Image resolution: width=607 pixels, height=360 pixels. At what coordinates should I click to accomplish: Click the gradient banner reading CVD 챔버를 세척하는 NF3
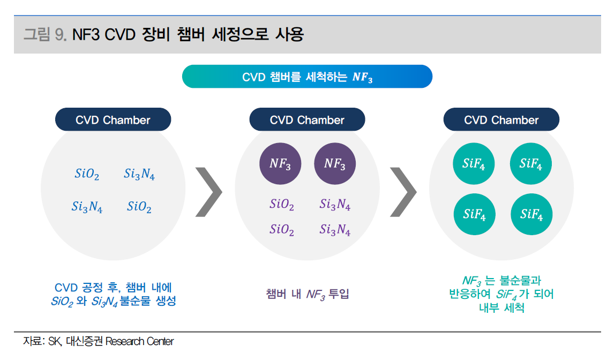(307, 77)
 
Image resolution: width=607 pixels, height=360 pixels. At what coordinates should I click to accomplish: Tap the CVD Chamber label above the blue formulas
(113, 119)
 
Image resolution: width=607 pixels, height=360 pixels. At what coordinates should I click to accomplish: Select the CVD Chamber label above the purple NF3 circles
(307, 119)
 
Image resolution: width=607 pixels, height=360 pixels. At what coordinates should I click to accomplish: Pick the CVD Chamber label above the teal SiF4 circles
(501, 119)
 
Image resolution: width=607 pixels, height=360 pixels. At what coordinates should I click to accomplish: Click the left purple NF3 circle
(280, 164)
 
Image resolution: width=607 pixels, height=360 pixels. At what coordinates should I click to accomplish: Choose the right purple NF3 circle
(335, 164)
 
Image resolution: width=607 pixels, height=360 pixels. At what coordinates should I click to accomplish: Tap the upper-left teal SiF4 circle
(474, 164)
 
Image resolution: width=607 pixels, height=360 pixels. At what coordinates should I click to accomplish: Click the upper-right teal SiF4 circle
(531, 164)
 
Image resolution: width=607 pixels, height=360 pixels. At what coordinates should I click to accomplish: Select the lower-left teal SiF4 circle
(474, 214)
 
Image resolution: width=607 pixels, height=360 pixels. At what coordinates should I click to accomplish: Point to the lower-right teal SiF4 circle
(531, 214)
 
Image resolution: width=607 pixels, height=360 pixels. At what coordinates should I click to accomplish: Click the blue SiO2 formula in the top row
(87, 174)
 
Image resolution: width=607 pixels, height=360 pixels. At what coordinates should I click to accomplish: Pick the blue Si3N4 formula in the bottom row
(87, 207)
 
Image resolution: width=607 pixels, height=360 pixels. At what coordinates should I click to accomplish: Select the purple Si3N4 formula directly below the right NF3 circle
(335, 204)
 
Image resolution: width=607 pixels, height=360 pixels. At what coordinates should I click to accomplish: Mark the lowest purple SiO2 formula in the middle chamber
(282, 230)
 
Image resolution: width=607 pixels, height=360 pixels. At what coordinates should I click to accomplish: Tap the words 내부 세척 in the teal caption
(501, 307)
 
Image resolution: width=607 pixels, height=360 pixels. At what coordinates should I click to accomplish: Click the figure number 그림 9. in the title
(46, 34)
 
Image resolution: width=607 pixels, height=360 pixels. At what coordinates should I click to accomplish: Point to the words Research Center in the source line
(139, 341)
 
